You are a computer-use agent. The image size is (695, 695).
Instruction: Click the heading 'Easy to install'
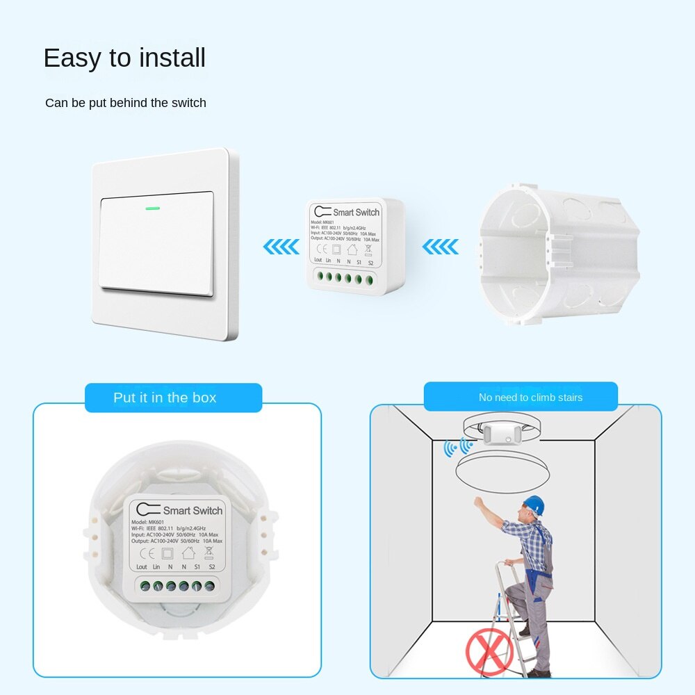tap(124, 58)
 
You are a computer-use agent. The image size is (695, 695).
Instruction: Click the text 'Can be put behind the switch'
tap(126, 103)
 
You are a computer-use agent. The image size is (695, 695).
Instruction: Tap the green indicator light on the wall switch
tap(152, 207)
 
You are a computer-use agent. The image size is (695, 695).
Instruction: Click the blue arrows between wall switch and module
tap(281, 246)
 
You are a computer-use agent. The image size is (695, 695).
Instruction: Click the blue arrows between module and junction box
tap(441, 246)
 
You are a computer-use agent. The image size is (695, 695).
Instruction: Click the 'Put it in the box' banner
tap(165, 398)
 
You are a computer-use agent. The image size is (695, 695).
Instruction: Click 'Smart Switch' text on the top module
tap(357, 212)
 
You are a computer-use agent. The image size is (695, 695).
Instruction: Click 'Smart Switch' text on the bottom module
tap(193, 511)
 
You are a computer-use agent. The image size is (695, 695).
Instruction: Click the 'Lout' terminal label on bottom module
tap(142, 567)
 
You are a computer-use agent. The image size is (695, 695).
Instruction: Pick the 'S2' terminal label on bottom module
tap(212, 567)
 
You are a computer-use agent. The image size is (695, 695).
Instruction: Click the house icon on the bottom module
tap(188, 553)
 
